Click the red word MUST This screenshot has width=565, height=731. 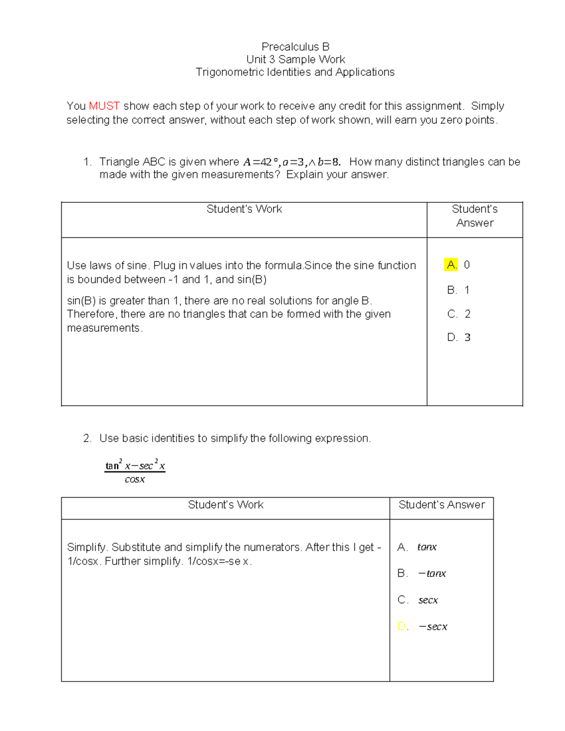(104, 106)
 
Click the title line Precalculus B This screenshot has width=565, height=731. (295, 47)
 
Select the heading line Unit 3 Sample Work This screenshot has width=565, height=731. (295, 59)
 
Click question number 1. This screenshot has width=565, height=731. (87, 162)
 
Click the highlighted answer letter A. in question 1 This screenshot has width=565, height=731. (451, 265)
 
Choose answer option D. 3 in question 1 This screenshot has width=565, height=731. (459, 337)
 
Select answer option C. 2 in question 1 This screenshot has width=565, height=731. (459, 314)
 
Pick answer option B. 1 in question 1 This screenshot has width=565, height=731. (458, 290)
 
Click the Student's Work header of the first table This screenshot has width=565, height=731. (244, 209)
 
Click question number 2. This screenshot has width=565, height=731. (87, 438)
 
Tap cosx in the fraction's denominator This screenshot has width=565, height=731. (135, 480)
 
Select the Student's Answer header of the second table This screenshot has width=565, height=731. (441, 505)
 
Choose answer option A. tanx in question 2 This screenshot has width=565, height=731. (417, 547)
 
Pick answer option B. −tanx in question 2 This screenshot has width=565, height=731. (422, 573)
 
